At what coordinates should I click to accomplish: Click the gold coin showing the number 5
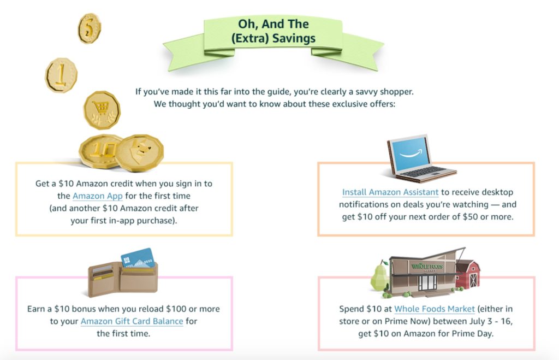point(90,28)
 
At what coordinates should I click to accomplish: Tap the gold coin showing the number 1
point(61,75)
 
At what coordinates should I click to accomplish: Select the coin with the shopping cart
point(102,110)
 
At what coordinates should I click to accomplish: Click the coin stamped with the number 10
point(100,151)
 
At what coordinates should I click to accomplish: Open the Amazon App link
point(97,196)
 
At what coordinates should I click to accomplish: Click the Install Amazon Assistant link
point(390,192)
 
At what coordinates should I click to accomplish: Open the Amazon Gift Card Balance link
point(132,321)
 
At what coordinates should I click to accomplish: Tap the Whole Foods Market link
point(434,309)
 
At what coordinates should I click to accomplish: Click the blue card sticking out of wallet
point(138,258)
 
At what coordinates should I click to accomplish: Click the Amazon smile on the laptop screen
point(411,154)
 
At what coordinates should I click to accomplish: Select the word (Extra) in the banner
point(250,39)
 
